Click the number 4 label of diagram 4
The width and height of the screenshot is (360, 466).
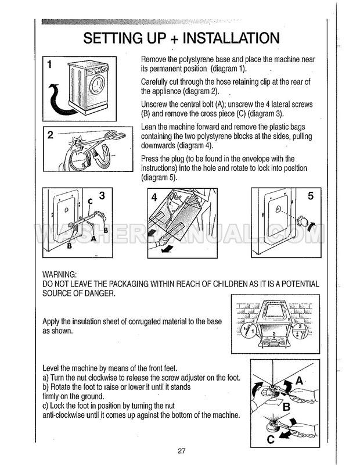coord(154,197)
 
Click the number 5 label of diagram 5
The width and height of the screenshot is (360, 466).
coord(310,196)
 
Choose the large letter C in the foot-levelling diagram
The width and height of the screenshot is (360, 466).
coord(270,439)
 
